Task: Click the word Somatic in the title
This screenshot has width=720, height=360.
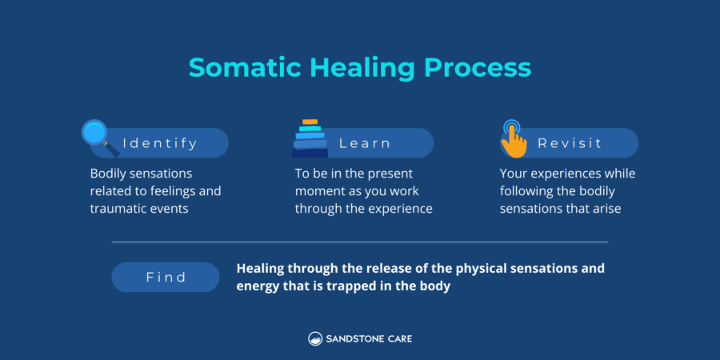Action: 236,67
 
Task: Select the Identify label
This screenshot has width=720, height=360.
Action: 160,143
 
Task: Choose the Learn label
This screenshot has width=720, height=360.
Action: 365,143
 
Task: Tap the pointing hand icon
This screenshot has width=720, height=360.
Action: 513,138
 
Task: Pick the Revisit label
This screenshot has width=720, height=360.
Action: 570,143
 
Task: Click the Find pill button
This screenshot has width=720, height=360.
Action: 166,277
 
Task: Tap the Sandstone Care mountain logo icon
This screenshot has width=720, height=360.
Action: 315,338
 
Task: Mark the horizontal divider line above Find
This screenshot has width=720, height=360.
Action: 359,242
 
